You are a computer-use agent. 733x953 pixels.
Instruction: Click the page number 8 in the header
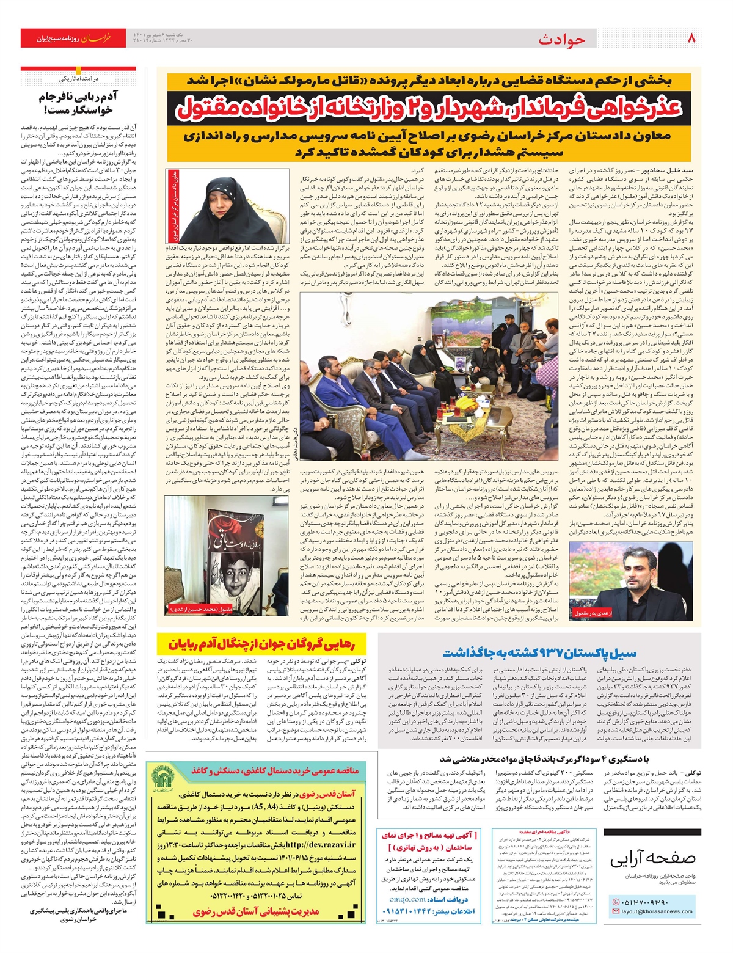692,38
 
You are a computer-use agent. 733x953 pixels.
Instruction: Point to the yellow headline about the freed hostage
264,644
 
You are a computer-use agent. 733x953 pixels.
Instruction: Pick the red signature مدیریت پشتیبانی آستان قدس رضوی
256,911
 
